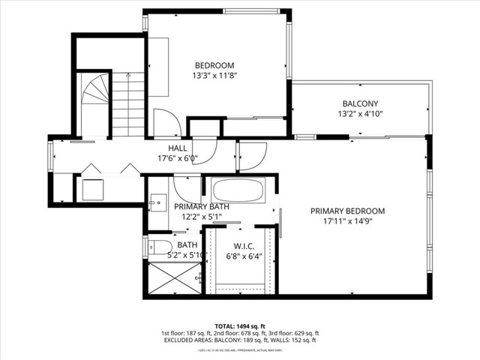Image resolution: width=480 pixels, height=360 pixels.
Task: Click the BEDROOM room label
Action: click(214, 65)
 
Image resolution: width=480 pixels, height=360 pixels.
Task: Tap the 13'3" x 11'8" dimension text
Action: click(214, 76)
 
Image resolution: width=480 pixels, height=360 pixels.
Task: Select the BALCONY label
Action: click(360, 104)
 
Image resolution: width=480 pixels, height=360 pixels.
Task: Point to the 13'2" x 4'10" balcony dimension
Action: click(360, 115)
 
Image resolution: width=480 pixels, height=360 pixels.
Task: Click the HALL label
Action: click(177, 148)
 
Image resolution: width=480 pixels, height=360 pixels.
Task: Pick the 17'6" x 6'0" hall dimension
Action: click(177, 159)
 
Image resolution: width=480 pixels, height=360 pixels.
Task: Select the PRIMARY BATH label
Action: click(202, 207)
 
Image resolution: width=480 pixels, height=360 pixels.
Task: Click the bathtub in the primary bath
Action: click(237, 190)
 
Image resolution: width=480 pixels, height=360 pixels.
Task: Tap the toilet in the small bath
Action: click(160, 247)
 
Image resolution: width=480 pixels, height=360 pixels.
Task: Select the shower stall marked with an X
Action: click(174, 278)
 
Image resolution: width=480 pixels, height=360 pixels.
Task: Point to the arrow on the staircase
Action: click(129, 75)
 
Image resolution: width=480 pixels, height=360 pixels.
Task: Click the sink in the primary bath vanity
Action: click(158, 202)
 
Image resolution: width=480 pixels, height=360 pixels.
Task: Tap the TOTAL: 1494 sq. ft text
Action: click(239, 326)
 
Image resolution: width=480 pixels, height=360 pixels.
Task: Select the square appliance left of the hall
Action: click(94, 189)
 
